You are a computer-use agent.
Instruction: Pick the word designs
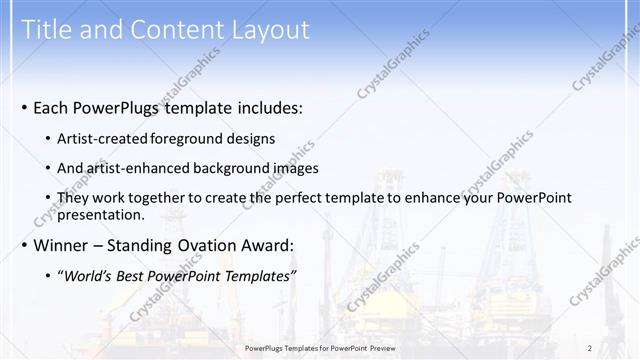point(252,138)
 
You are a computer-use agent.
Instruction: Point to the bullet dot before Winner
point(24,245)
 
